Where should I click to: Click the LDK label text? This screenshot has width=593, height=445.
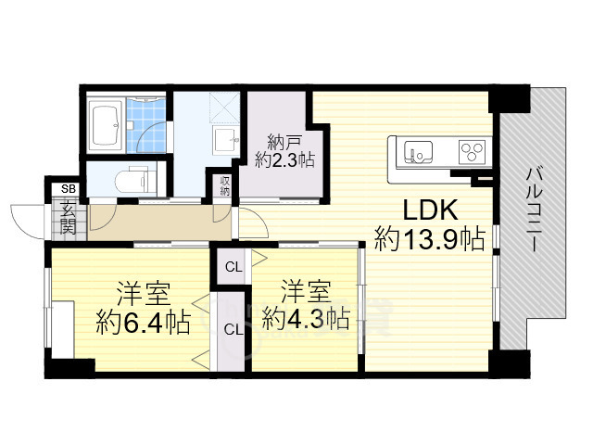[430, 210]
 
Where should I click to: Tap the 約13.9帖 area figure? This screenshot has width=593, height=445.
[429, 238]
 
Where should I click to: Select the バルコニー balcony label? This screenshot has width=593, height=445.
[534, 210]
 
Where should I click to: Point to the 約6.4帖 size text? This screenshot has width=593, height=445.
[143, 322]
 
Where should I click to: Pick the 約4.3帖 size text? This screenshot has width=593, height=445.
[306, 319]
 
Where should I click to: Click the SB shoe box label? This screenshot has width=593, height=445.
[69, 188]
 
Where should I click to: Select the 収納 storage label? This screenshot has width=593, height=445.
[224, 185]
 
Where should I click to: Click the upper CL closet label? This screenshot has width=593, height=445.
[233, 268]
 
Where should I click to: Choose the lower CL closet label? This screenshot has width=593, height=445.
[233, 330]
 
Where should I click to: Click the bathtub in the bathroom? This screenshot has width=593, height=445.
[106, 126]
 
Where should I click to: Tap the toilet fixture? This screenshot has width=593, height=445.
[135, 181]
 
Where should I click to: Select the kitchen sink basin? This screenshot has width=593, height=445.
[418, 151]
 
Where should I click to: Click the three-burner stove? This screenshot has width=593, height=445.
[473, 152]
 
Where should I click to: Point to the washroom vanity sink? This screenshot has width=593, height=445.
[226, 140]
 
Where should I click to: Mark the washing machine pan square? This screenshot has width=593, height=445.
[224, 108]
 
